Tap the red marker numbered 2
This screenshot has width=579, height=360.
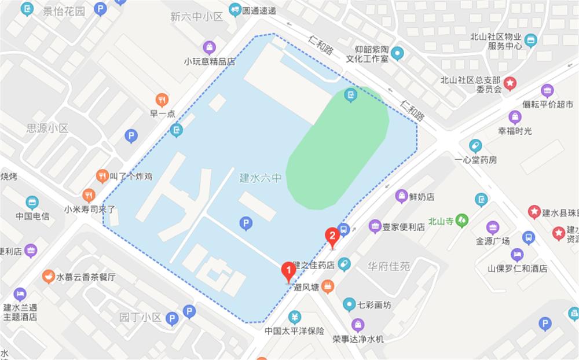tap(332, 236)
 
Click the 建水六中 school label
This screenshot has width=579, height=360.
tap(260, 178)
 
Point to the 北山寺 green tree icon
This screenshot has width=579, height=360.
tap(461, 220)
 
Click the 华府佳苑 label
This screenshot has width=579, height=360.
tap(389, 267)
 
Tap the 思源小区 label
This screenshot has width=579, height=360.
tap(47, 128)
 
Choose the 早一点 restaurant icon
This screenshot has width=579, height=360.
tap(162, 100)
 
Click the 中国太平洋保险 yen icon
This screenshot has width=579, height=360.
tap(294, 317)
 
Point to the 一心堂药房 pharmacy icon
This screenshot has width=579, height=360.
tap(475, 145)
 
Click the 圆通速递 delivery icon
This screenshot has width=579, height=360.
tap(234, 9)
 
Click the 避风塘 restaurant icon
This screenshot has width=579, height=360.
tap(328, 286)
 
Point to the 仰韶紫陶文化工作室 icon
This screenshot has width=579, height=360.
tap(397, 54)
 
